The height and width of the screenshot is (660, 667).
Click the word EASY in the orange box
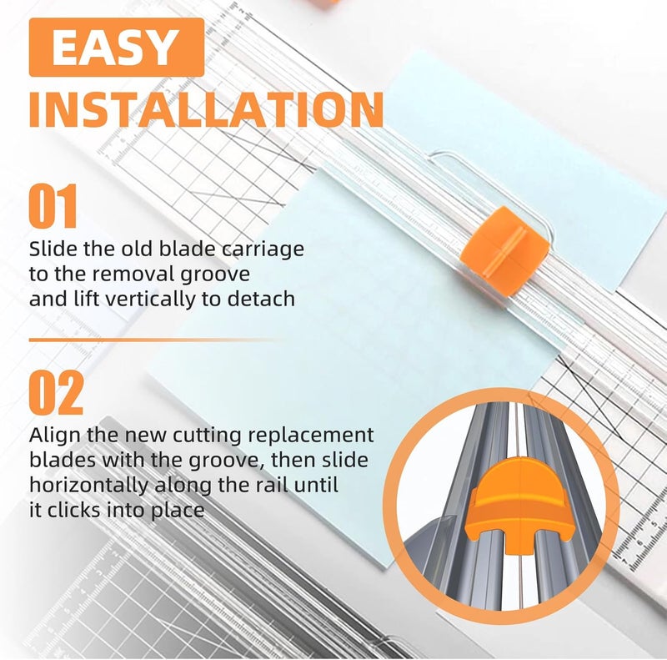tap(116, 48)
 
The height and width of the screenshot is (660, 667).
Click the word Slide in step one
tap(52, 249)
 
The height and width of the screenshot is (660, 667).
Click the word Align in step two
tap(53, 436)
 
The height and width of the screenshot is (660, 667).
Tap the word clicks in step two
tap(76, 510)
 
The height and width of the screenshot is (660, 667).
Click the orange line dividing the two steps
tap(150, 340)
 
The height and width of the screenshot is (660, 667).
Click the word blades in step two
tap(63, 461)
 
